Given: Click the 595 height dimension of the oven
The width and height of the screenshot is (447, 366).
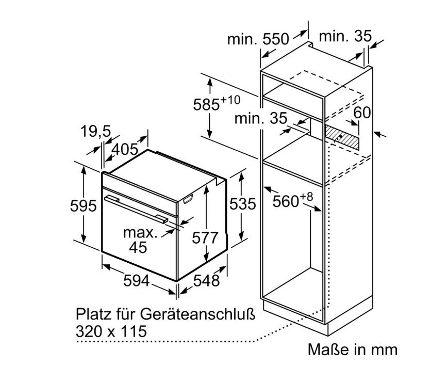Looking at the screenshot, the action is [83, 205].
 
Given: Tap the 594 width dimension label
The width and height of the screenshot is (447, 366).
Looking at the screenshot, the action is [136, 280].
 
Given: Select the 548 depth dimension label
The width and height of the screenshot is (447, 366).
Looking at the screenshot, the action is [206, 280].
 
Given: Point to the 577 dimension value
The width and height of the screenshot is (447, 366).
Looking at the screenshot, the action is [205, 237].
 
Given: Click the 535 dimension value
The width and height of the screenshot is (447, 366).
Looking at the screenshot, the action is [243, 204].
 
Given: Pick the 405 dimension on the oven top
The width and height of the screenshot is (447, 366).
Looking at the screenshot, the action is [125, 149].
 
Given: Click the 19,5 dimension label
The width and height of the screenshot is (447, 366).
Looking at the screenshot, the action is [95, 132].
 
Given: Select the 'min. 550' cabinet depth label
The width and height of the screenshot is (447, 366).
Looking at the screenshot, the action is [258, 39].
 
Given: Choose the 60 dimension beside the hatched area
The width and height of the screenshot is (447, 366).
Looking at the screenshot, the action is [362, 112].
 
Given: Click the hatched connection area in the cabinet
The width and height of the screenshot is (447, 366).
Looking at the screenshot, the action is [342, 138].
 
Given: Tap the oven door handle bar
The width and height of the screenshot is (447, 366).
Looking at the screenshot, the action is [136, 209].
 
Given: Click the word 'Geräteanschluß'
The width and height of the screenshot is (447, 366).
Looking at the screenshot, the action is [197, 315].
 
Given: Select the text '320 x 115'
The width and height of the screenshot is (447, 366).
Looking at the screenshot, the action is [111, 331].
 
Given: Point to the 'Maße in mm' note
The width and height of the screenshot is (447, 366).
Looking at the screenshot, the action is [353, 349].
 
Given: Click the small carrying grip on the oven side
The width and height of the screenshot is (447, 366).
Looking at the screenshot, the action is [188, 199].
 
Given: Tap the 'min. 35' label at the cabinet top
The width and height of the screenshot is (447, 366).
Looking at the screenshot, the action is [345, 36].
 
